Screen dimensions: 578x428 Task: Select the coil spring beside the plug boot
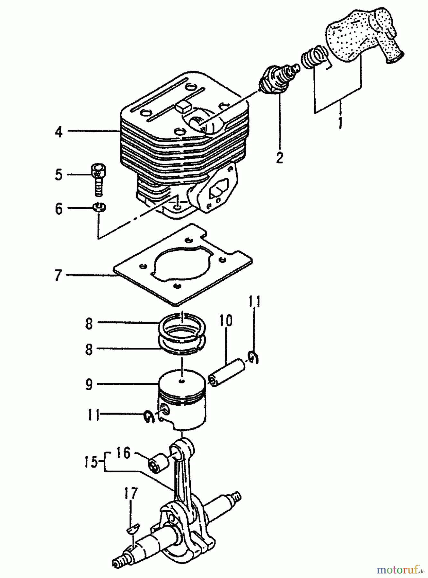(x=313, y=58)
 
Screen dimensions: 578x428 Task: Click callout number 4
(x=59, y=131)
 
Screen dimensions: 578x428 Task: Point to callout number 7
(x=58, y=275)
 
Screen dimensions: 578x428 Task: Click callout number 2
(x=280, y=157)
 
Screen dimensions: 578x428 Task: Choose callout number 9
(x=89, y=384)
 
